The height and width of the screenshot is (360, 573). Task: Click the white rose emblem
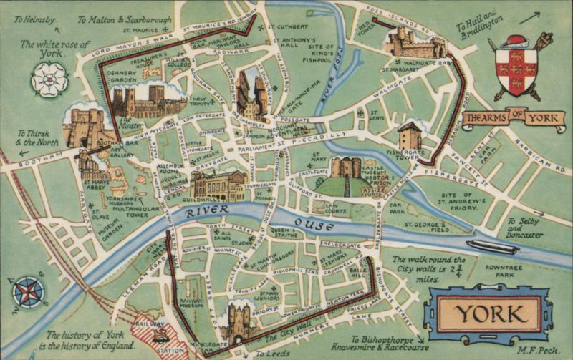coord(49,79)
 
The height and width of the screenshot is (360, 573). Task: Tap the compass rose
coord(29,293)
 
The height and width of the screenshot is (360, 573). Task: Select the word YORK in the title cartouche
coord(488,313)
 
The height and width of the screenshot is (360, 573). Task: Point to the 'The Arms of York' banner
coord(503,118)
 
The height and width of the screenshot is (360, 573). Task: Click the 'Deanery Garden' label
coord(122,77)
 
